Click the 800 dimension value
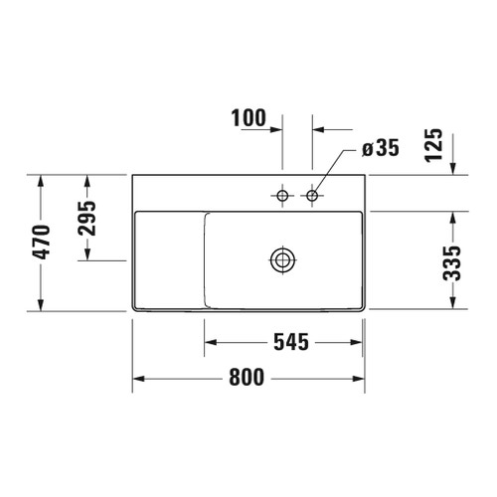tap(249, 378)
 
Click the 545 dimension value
tap(285, 343)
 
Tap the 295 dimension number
tap(86, 220)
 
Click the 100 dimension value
tap(249, 119)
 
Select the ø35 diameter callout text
tap(381, 149)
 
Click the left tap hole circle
tap(282, 197)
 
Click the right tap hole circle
tap(313, 197)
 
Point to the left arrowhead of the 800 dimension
tap(139, 379)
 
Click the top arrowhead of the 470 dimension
tap(40, 182)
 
